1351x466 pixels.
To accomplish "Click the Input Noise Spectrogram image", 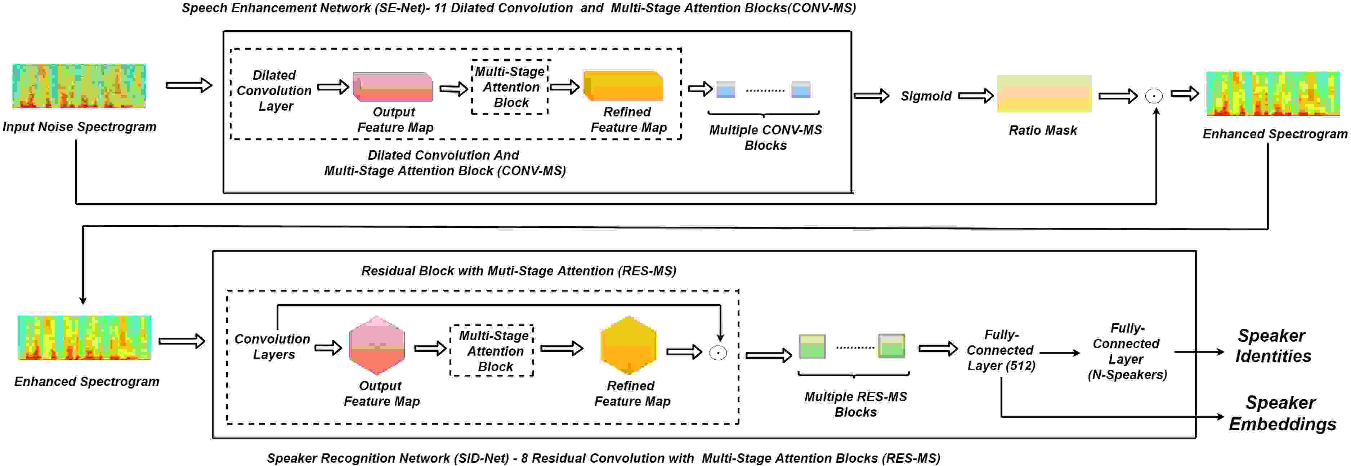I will [x=79, y=86].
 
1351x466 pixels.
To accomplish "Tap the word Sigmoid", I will [x=926, y=96].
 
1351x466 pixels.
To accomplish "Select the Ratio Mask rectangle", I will [x=1044, y=93].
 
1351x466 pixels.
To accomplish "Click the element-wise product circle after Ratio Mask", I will [x=1153, y=96].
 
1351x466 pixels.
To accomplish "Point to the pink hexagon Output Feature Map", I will [x=377, y=345].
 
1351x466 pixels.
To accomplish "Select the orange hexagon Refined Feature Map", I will [x=628, y=345].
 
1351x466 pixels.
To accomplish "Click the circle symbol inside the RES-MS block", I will [x=718, y=352].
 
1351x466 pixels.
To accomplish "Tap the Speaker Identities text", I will [x=1273, y=346].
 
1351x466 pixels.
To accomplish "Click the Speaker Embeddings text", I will [x=1282, y=413].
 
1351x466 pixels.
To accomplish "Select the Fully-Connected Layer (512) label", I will [x=1001, y=350].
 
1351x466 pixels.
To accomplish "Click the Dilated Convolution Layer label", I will [x=274, y=90].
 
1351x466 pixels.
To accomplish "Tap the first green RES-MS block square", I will [x=812, y=346].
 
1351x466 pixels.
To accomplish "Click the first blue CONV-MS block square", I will [x=725, y=89].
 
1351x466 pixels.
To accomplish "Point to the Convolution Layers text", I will [x=272, y=346].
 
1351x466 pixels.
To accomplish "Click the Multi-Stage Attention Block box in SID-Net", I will [x=492, y=351].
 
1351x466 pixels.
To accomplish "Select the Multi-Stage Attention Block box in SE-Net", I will [x=510, y=87].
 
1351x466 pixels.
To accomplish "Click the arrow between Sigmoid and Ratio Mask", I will [x=975, y=96].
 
